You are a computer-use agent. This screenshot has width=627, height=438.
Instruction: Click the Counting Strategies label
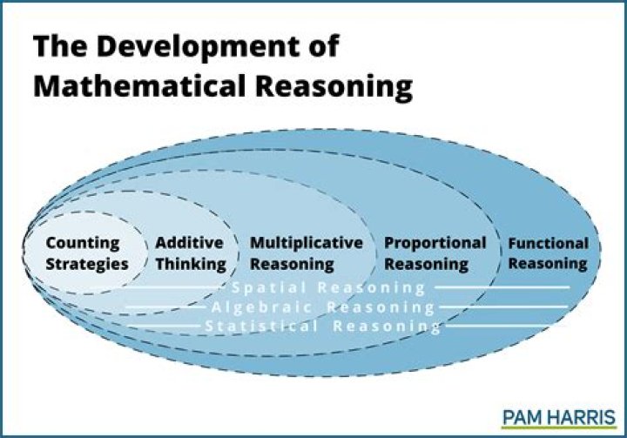(x=86, y=253)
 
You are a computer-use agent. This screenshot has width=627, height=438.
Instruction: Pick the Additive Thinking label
(x=190, y=253)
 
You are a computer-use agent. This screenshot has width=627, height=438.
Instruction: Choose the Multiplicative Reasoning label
(x=306, y=253)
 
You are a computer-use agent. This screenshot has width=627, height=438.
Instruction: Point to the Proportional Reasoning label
(x=435, y=253)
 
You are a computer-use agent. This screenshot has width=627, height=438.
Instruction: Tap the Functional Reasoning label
(x=548, y=253)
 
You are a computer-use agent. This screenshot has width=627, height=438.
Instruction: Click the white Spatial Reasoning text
(x=328, y=287)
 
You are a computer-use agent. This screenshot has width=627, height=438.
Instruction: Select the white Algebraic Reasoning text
(x=323, y=307)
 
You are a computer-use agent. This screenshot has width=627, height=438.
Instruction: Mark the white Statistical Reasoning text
(x=323, y=327)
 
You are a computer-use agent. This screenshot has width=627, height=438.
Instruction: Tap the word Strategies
(x=86, y=264)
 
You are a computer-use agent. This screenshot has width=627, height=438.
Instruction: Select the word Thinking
(x=190, y=264)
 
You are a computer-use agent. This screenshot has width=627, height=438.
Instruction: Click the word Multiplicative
(x=306, y=244)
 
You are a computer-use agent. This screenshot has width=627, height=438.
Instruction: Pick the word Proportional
(x=435, y=244)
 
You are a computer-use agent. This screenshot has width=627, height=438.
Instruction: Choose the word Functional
(x=548, y=244)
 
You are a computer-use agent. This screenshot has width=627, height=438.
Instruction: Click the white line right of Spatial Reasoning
(x=502, y=286)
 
